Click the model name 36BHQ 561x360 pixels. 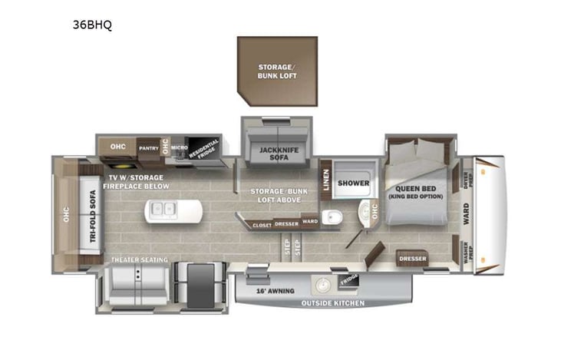[92, 25]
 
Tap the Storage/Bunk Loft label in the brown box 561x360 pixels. [277, 72]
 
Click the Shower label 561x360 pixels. [354, 183]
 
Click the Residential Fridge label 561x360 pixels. [203, 149]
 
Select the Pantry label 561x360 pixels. [148, 147]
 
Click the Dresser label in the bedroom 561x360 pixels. [412, 259]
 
